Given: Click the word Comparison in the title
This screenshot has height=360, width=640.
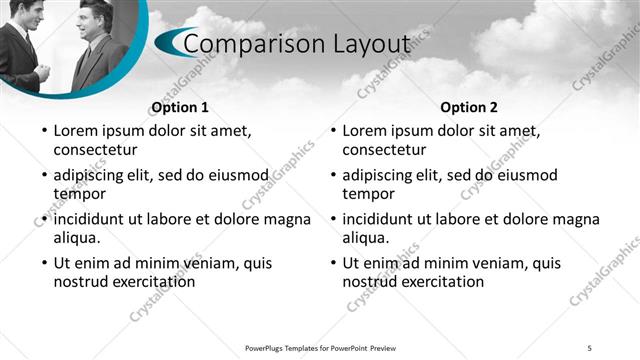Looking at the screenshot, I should coord(249,44).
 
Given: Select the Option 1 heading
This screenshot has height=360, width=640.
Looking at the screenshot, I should coord(179,107).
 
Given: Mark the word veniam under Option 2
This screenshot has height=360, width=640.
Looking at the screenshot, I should coord(479,263).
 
